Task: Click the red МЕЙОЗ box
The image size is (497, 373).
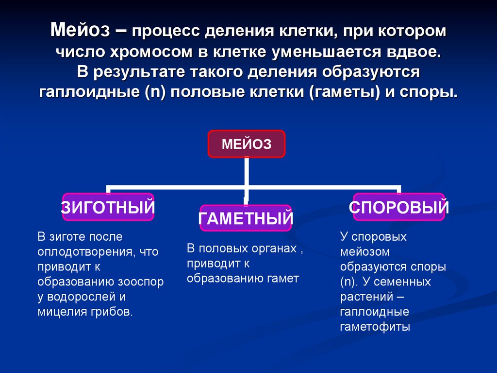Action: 246,144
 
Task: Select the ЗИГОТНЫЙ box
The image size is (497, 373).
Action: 108,208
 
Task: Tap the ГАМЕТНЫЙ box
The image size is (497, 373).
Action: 245,218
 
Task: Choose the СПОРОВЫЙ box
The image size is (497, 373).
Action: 398,208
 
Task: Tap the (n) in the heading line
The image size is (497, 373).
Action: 155,92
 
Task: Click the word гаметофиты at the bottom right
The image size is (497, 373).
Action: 375,327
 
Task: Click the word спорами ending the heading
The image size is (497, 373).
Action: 427,92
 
